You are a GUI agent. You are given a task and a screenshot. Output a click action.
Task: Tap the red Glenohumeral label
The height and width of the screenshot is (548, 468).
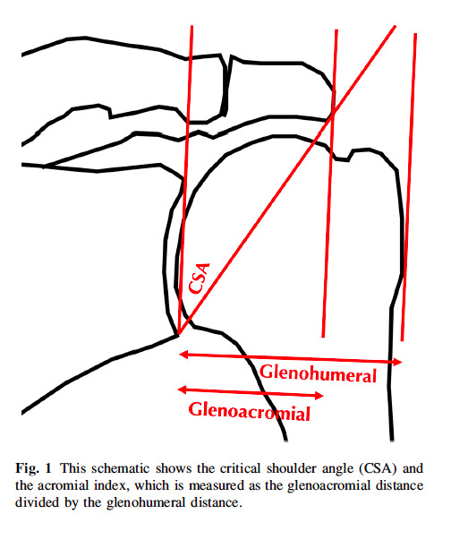pyautogui.click(x=318, y=374)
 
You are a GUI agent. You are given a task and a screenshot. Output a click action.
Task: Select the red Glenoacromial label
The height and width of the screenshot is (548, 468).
pyautogui.click(x=250, y=412)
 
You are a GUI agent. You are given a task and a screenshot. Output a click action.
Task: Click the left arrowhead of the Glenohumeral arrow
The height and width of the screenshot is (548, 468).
pyautogui.click(x=183, y=355)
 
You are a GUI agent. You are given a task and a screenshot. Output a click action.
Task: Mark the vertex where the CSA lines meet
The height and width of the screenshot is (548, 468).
pyautogui.click(x=179, y=335)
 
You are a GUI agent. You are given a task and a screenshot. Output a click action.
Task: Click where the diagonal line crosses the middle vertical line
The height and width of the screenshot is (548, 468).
pyautogui.click(x=332, y=114)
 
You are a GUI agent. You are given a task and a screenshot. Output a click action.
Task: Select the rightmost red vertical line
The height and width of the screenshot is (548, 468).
pyautogui.click(x=409, y=188)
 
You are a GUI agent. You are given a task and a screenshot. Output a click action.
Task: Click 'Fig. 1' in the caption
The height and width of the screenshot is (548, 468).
pyautogui.click(x=35, y=469)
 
